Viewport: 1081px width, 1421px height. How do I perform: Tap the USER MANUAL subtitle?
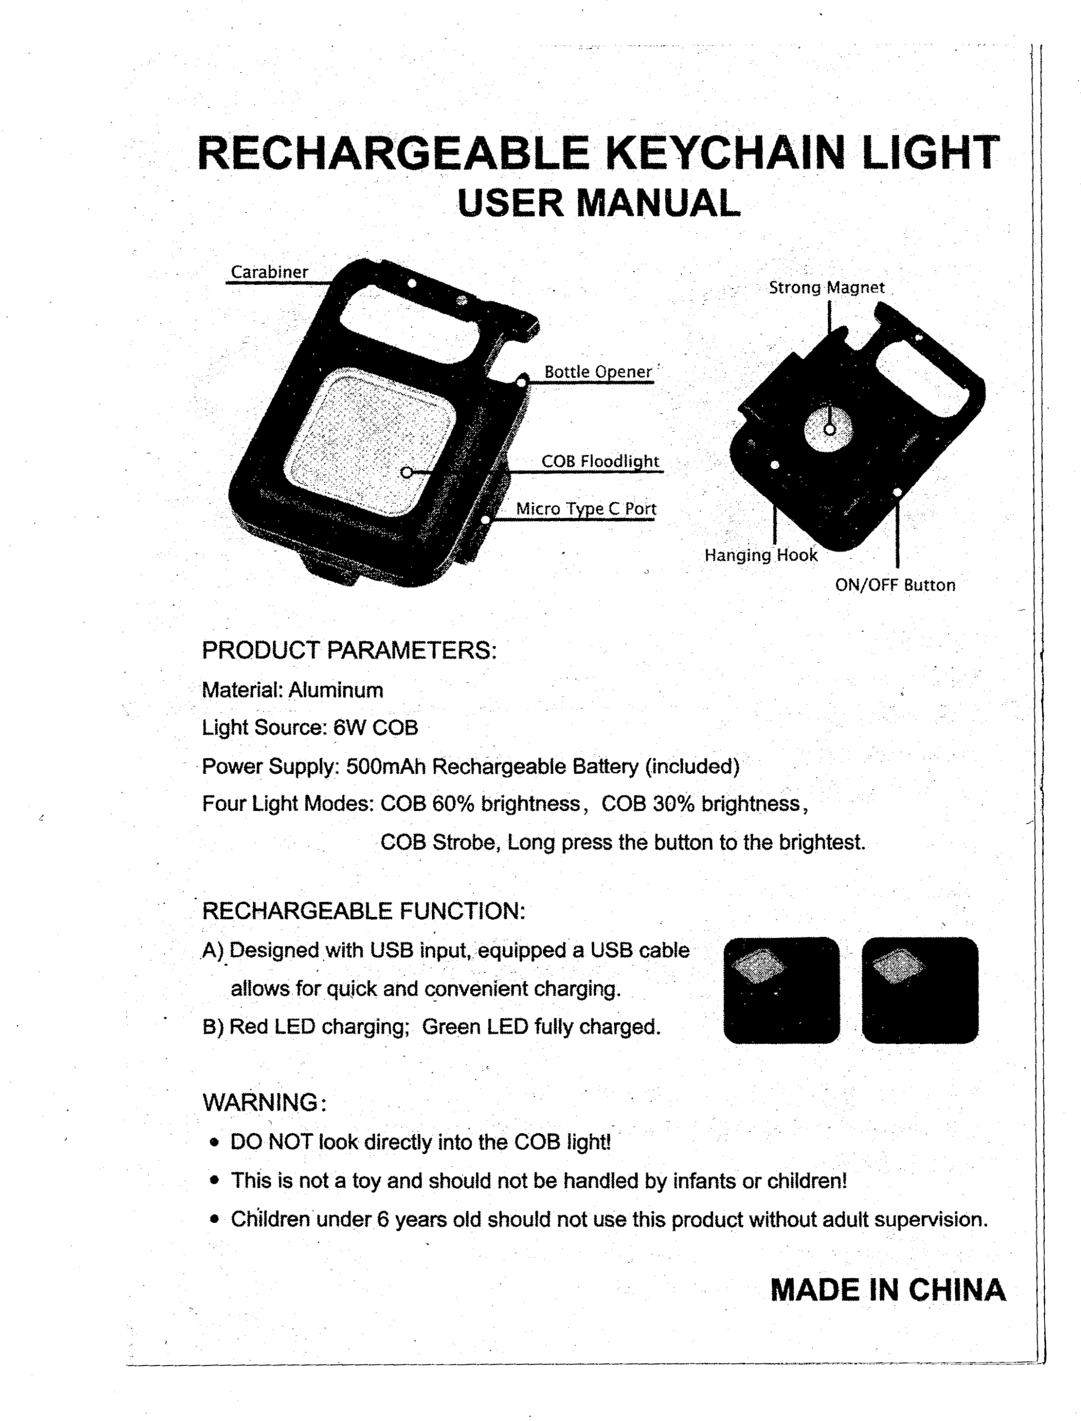599,203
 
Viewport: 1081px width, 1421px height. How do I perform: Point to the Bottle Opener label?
598,372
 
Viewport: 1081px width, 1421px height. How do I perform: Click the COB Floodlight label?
600,461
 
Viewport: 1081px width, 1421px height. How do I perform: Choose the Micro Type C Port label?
586,509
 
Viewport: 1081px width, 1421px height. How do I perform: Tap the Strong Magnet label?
826,288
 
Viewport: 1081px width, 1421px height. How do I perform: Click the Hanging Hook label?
761,555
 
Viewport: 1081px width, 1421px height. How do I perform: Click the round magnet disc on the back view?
829,428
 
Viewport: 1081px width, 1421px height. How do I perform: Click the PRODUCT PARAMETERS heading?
349,651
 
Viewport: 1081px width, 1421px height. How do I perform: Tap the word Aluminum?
335,690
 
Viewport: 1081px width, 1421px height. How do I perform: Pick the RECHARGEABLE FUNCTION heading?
364,911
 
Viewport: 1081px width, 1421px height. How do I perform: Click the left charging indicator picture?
781,989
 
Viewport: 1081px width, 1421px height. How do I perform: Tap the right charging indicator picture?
919,989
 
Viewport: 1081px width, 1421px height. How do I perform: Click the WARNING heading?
260,1102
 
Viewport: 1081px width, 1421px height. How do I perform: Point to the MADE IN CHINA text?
887,1290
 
